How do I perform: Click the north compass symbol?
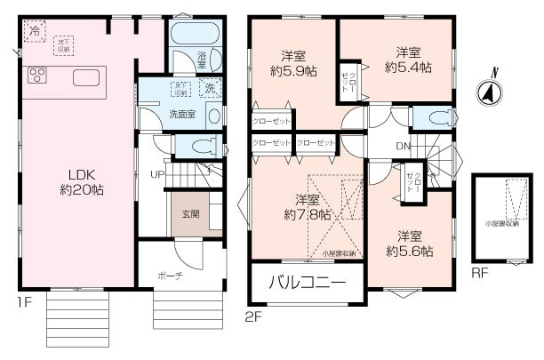click(487, 89)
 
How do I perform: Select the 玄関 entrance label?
click(191, 213)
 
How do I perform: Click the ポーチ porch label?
click(172, 276)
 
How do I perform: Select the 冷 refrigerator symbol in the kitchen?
click(35, 31)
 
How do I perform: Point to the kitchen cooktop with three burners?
click(38, 76)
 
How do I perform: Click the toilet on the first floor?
click(196, 146)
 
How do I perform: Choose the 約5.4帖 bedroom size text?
click(408, 67)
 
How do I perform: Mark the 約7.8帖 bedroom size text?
click(307, 214)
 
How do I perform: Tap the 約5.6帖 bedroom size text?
click(409, 252)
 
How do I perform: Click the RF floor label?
click(480, 273)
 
